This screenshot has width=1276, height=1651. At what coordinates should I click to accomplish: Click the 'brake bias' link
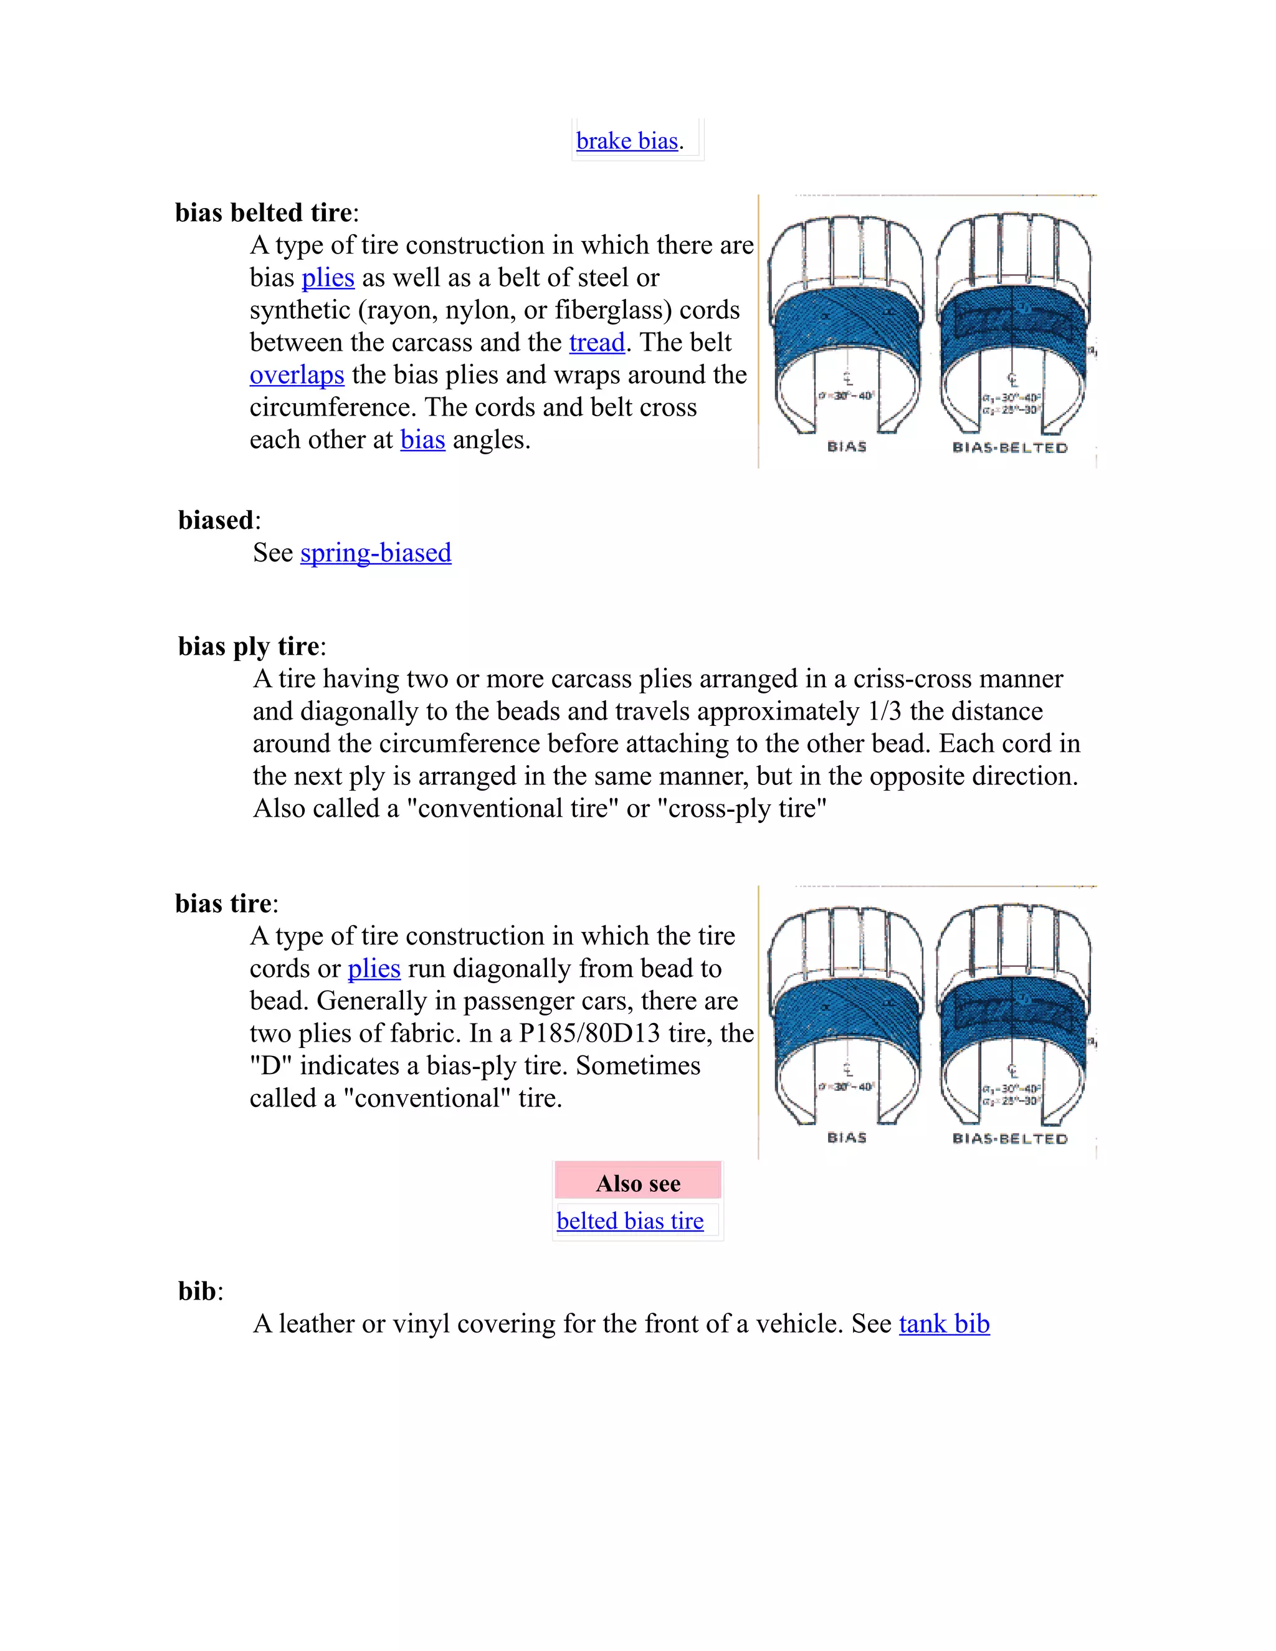coord(627,141)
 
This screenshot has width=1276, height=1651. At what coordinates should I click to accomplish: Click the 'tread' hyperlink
coord(596,343)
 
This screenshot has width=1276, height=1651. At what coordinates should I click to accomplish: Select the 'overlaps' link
coord(297,375)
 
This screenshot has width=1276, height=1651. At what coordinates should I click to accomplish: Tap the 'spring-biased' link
coord(376,553)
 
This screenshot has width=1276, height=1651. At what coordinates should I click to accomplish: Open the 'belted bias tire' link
coord(630,1221)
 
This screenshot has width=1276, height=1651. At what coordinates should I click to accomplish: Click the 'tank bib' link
coord(944,1324)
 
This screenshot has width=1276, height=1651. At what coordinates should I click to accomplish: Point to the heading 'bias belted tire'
coord(264,212)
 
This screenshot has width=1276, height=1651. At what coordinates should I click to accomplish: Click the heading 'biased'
coord(216,520)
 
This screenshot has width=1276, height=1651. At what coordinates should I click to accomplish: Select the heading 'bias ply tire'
coord(249,646)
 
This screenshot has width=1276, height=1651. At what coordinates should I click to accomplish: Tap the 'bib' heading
coord(196,1291)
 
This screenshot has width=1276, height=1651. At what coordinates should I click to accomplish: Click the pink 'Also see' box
coord(638,1183)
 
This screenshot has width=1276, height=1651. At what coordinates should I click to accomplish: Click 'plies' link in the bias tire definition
coord(373,968)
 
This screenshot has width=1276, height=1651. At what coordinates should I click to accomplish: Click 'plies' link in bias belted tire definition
coord(328,277)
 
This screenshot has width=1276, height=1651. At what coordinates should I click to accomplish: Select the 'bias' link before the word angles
coord(422,440)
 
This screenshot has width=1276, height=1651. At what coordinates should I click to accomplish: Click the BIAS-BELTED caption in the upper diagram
coord(1010,447)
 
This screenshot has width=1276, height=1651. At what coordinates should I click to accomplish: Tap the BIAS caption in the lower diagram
coord(847,1138)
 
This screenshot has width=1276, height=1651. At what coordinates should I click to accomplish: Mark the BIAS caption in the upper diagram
coord(847,447)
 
